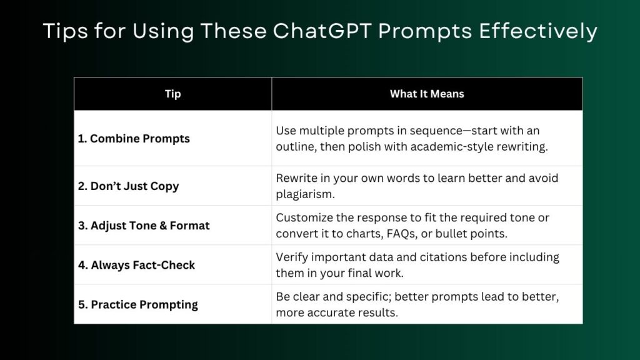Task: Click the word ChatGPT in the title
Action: [x=322, y=31]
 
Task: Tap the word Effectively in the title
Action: [x=538, y=32]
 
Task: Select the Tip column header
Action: [x=172, y=94]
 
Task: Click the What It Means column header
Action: [x=427, y=94]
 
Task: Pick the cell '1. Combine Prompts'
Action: [x=134, y=139]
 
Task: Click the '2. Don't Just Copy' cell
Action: [x=129, y=186]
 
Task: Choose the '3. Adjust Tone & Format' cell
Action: [x=144, y=226]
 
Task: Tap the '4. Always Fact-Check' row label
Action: [x=136, y=265]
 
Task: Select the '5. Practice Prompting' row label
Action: [x=138, y=305]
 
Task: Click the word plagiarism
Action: [x=305, y=194]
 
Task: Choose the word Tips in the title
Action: [x=65, y=32]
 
